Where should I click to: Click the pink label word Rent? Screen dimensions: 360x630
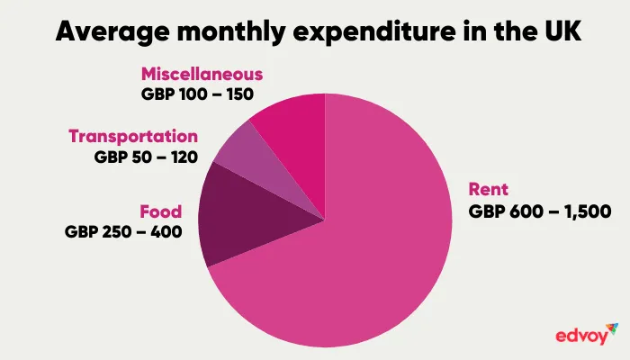[489, 190]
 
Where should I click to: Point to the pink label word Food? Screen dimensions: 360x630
[161, 212]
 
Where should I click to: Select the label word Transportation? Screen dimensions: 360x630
[133, 137]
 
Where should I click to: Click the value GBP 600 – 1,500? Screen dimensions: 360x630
[540, 212]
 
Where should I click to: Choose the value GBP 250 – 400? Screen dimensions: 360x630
[123, 232]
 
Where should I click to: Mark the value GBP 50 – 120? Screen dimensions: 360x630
[145, 157]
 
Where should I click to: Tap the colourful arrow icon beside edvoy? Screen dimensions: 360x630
[612, 328]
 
